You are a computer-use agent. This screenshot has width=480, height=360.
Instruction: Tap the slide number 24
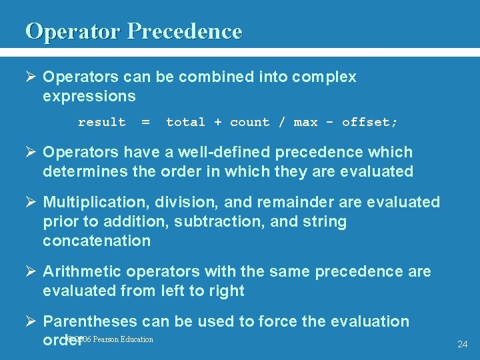[x=463, y=344]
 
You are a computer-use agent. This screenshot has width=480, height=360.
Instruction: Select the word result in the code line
[x=101, y=122]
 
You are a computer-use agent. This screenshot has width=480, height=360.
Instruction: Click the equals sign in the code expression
[x=145, y=122]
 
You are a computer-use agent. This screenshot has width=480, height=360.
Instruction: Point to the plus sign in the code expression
[x=217, y=122]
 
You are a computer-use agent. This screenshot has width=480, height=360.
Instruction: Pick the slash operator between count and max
[x=281, y=122]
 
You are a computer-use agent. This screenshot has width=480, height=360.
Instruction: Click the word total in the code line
[x=185, y=122]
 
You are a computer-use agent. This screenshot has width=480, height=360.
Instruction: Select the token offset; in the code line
[x=369, y=122]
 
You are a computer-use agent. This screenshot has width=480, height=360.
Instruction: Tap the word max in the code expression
[x=305, y=122]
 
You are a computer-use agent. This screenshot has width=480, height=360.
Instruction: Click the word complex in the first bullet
[x=325, y=77]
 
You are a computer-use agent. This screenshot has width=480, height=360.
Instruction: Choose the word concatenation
[x=97, y=241]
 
